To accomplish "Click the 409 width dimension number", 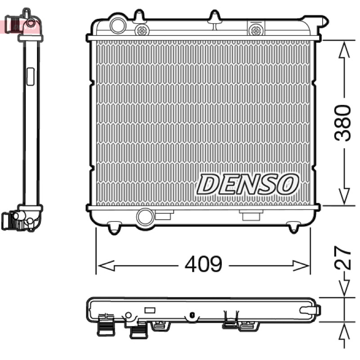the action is pos(203,264).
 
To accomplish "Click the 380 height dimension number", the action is pos(342,123).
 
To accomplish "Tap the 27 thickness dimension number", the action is pos(342,258).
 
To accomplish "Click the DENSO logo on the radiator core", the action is pos(247,184).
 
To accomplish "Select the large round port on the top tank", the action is pos(118,26).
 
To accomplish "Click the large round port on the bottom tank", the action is pos(145,217).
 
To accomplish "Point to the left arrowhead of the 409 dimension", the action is pos(106,265).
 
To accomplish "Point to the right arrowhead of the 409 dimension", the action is pos(301,265).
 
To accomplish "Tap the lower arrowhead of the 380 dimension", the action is pos(344,196).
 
